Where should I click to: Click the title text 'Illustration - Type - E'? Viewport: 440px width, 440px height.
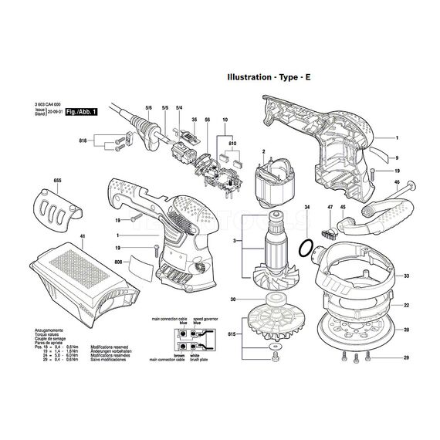(x=280, y=77)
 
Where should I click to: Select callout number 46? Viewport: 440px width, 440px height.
(x=396, y=183)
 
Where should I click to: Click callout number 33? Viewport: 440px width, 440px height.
(x=405, y=276)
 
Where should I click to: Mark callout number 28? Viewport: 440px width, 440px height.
(x=405, y=330)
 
